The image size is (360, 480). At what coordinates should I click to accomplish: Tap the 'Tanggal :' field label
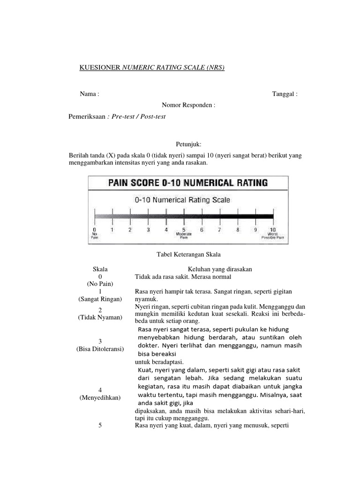click(x=285, y=94)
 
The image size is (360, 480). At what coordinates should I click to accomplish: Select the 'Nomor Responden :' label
click(x=189, y=105)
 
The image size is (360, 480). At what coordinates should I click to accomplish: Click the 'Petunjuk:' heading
click(x=189, y=145)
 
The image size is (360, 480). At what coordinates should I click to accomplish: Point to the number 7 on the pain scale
click(x=219, y=230)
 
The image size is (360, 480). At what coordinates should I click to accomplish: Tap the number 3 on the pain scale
click(x=148, y=230)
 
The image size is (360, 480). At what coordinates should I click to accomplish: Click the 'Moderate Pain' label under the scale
click(x=183, y=236)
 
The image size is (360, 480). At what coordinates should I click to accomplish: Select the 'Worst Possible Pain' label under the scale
click(x=273, y=236)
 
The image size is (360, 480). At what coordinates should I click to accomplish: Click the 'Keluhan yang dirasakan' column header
click(x=220, y=269)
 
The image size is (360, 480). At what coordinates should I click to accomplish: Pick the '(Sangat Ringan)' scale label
click(x=100, y=299)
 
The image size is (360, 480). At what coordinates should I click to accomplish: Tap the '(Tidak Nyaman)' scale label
click(x=100, y=318)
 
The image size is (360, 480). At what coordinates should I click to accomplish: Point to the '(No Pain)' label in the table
click(x=100, y=284)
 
